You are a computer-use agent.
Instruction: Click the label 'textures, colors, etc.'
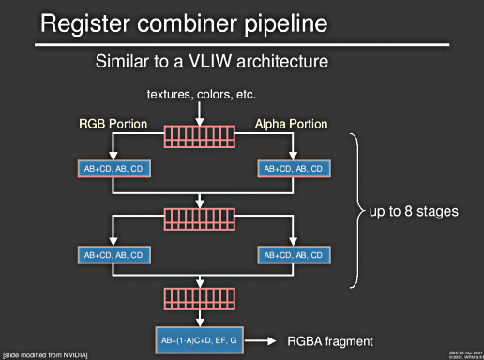coord(202,95)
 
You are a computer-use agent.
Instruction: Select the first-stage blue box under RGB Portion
coord(112,169)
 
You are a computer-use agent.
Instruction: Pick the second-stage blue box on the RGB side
coord(112,254)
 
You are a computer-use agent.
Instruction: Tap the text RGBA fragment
coord(329,341)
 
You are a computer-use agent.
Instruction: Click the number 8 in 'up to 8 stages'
coord(416,211)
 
